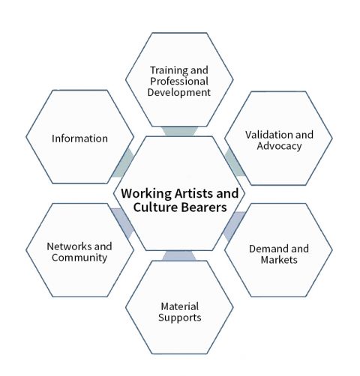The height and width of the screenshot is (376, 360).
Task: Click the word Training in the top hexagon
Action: (x=169, y=70)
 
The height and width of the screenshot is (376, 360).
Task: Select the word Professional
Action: (x=179, y=81)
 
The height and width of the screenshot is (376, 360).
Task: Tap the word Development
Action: (x=179, y=93)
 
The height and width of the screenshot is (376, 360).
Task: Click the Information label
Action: (x=79, y=139)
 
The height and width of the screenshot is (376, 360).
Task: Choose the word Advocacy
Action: (x=279, y=146)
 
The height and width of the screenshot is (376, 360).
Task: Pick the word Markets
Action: (x=279, y=260)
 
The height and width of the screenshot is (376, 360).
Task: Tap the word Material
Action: (x=180, y=306)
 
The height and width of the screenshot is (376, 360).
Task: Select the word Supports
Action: (x=180, y=318)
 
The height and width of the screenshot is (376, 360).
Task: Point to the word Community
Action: (x=79, y=258)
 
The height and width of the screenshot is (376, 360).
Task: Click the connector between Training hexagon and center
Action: (x=179, y=131)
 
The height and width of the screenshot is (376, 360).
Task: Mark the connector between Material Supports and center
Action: (x=179, y=255)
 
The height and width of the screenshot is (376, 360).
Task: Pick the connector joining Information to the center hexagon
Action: (x=123, y=163)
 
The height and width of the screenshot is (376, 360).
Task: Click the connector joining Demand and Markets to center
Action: (x=235, y=226)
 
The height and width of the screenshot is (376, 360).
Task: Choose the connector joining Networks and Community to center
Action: (x=123, y=223)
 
